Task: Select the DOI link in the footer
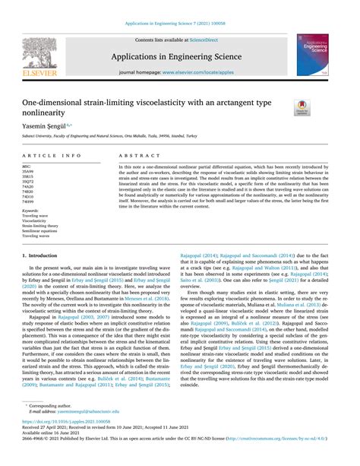[x=67, y=442]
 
